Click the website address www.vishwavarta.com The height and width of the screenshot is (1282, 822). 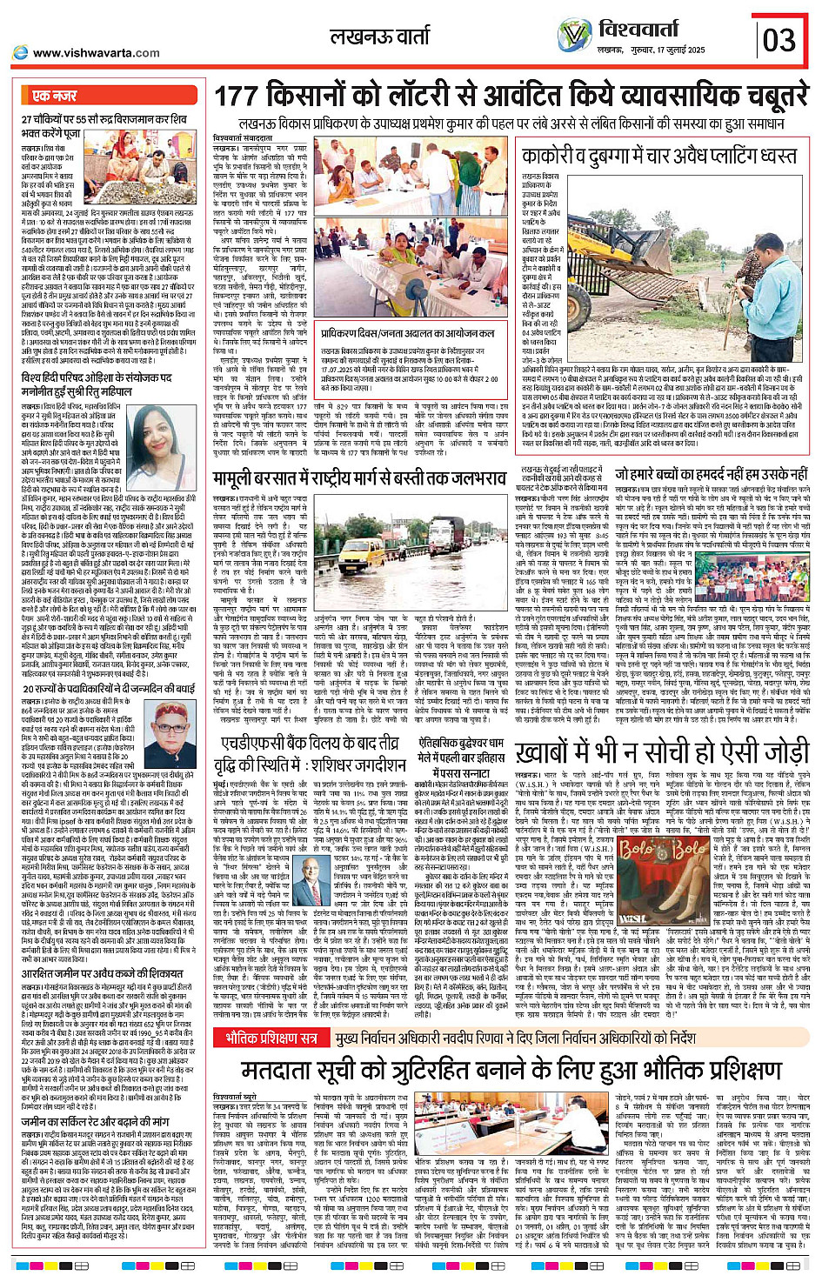[95, 53]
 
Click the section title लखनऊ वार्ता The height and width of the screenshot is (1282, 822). [379, 37]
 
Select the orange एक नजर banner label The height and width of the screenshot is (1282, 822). [54, 96]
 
